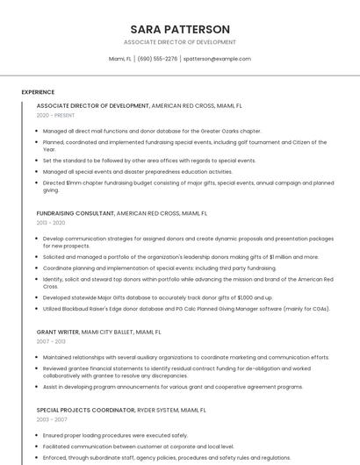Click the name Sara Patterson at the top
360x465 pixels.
(179, 29)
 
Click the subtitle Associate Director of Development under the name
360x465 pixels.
(179, 42)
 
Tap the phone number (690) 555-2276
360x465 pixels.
(157, 59)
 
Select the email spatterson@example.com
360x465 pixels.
(217, 59)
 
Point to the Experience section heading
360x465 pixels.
(38, 92)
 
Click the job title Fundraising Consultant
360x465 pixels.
(76, 213)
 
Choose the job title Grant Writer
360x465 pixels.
(58, 333)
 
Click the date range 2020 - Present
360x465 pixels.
(55, 115)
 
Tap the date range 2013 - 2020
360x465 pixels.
(51, 223)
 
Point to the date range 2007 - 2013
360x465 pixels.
(51, 342)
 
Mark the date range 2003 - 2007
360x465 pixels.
(51, 419)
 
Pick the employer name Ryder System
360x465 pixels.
(155, 410)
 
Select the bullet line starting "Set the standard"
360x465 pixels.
(148, 161)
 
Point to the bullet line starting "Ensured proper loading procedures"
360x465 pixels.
(115, 435)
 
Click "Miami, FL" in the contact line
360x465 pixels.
(120, 59)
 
